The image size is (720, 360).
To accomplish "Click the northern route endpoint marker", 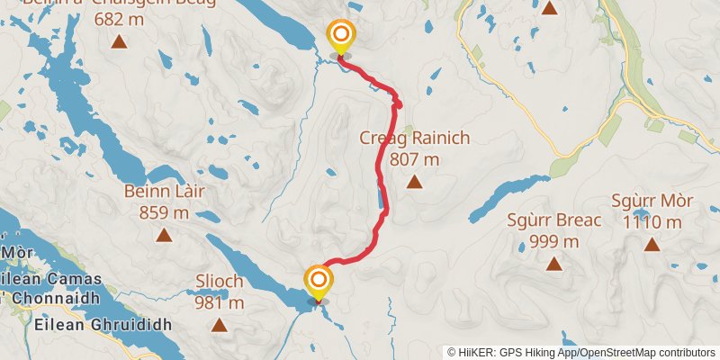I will point(341,38).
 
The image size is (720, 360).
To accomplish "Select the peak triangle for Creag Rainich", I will point(414,183).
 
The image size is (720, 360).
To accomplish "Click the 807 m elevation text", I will point(415,159).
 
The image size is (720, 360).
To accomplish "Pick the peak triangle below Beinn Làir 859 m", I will point(164,236).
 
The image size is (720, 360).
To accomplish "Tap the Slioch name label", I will point(219,281).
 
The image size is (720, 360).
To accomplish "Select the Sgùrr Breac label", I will point(554,220).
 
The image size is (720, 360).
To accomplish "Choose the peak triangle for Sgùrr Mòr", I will point(652,244).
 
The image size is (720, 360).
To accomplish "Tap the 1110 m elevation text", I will point(652,222).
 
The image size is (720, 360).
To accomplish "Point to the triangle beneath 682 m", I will point(118,40).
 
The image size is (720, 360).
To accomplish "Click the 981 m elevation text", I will point(220,302).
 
